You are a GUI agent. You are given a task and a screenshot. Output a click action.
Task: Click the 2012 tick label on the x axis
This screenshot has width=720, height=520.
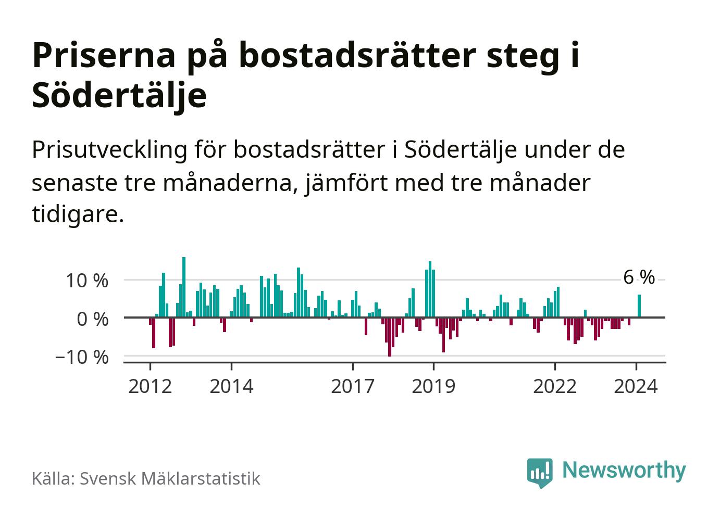[150, 387]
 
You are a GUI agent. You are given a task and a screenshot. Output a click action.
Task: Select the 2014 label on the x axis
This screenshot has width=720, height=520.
[231, 387]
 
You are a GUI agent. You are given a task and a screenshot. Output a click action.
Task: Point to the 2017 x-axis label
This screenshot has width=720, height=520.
[353, 387]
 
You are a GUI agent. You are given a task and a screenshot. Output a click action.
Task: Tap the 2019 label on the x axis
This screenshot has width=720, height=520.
[433, 387]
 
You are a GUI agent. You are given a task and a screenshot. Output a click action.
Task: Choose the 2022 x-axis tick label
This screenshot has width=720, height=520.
[555, 387]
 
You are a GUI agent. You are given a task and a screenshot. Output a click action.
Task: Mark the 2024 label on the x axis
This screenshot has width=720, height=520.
[636, 387]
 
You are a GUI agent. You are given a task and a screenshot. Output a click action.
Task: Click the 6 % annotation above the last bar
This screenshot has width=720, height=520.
[639, 278]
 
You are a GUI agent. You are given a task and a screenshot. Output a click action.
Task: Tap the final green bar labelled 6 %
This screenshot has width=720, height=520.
[639, 306]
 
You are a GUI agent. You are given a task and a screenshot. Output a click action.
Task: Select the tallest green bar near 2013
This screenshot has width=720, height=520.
[184, 286]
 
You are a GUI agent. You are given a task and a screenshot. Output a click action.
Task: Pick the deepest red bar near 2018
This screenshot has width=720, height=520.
[390, 336]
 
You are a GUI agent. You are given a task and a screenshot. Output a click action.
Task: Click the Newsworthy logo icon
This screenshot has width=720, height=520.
[539, 472]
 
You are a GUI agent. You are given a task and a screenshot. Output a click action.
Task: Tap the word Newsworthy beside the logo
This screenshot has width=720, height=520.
[624, 470]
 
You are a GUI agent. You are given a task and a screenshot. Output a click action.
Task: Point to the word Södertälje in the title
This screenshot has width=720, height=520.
[119, 95]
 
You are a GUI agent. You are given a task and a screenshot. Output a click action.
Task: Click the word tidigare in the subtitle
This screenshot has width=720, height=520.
[78, 214]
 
